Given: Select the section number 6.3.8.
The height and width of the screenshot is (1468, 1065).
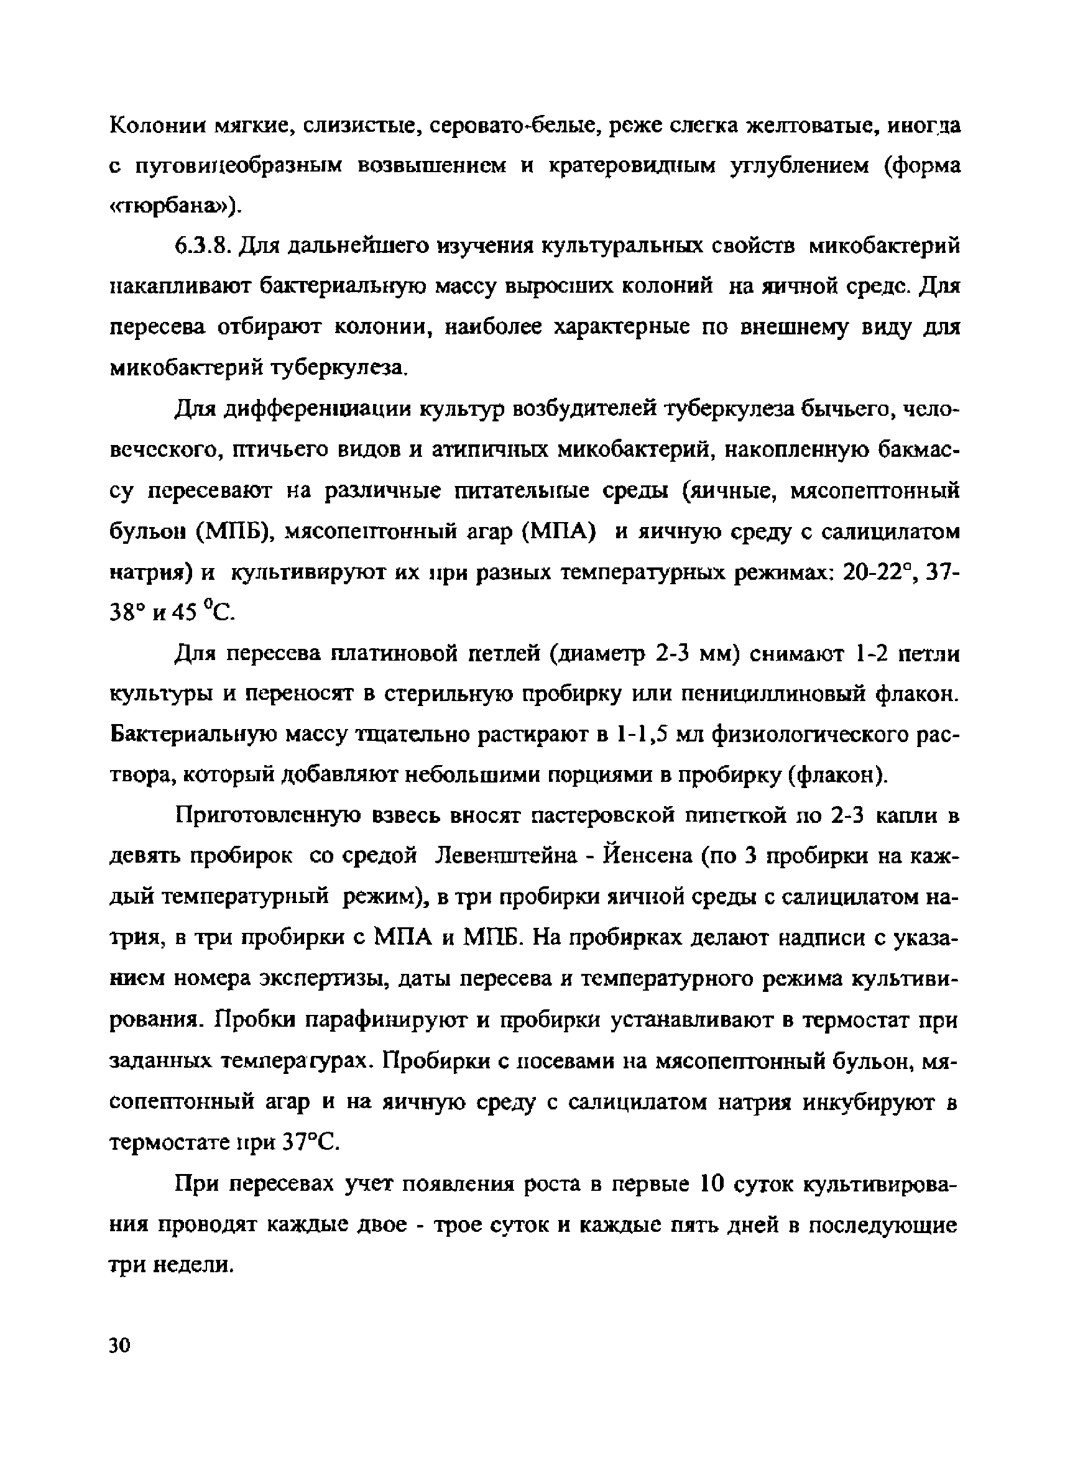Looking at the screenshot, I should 203,247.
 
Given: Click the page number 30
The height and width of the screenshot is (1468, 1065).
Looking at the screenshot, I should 120,1346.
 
